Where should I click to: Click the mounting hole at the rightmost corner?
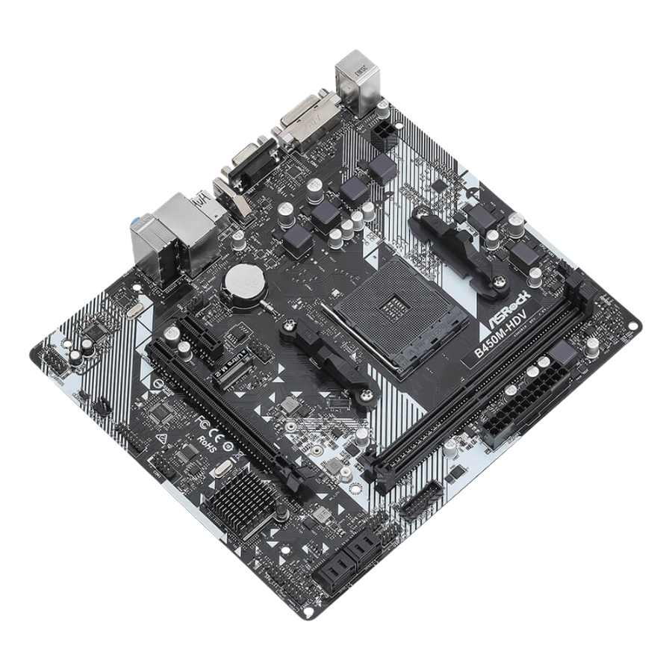click(633, 326)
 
